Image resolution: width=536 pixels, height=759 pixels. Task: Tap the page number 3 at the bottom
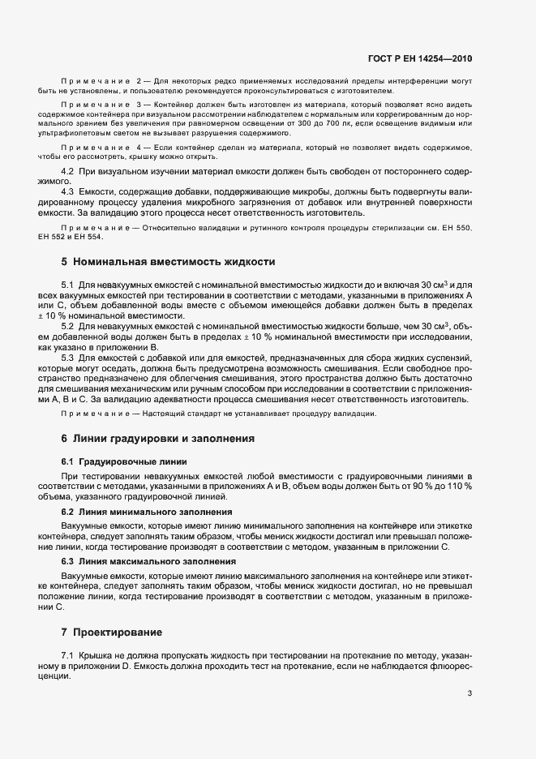(x=470, y=693)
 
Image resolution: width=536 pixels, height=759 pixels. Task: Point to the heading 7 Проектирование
(x=118, y=631)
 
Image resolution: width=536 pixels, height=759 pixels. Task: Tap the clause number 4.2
(x=68, y=174)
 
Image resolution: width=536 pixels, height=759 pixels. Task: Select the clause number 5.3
(x=68, y=358)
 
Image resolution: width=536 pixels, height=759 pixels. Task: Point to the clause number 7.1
(x=68, y=654)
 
